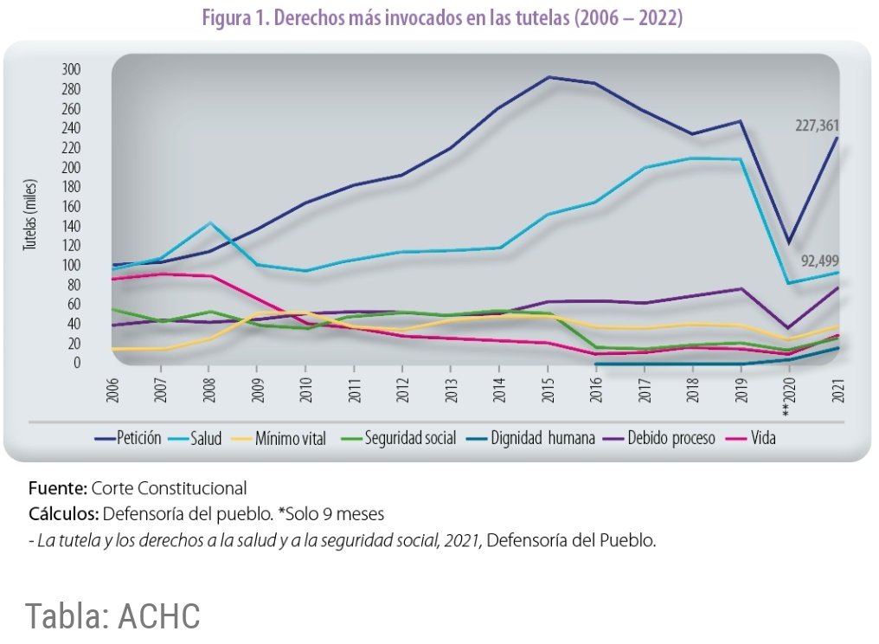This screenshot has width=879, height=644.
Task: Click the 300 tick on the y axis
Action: pos(71,70)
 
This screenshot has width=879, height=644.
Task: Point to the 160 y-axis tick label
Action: pos(71,207)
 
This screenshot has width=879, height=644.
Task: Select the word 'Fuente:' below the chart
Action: pos(58,487)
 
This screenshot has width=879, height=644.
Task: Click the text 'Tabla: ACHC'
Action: pos(113,615)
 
